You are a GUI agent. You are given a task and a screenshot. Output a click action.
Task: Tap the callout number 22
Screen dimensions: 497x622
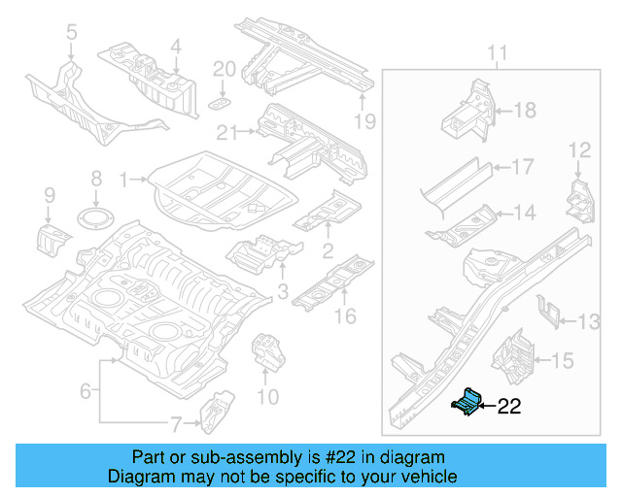[509, 408]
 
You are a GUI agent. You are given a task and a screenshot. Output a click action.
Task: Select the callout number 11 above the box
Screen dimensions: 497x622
[497, 51]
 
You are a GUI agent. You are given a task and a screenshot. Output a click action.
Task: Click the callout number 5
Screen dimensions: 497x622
[71, 36]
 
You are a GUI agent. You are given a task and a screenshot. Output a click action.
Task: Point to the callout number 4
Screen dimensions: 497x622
[175, 46]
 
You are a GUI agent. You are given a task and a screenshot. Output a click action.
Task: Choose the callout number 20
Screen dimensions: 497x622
[224, 69]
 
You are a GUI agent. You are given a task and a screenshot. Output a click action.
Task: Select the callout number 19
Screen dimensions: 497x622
[363, 121]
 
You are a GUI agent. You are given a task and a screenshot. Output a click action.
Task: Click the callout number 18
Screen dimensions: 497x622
[524, 111]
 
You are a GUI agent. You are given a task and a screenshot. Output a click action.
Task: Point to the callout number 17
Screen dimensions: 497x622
[522, 167]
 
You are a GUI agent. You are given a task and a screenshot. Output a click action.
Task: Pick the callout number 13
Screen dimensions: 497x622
[590, 321]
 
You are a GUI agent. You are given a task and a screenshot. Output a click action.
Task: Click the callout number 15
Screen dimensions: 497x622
[563, 361]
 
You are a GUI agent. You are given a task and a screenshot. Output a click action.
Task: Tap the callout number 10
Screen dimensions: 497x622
[267, 396]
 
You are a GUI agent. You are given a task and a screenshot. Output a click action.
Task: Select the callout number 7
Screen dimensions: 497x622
[176, 423]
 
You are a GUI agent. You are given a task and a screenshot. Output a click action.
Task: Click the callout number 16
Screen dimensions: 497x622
[345, 316]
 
